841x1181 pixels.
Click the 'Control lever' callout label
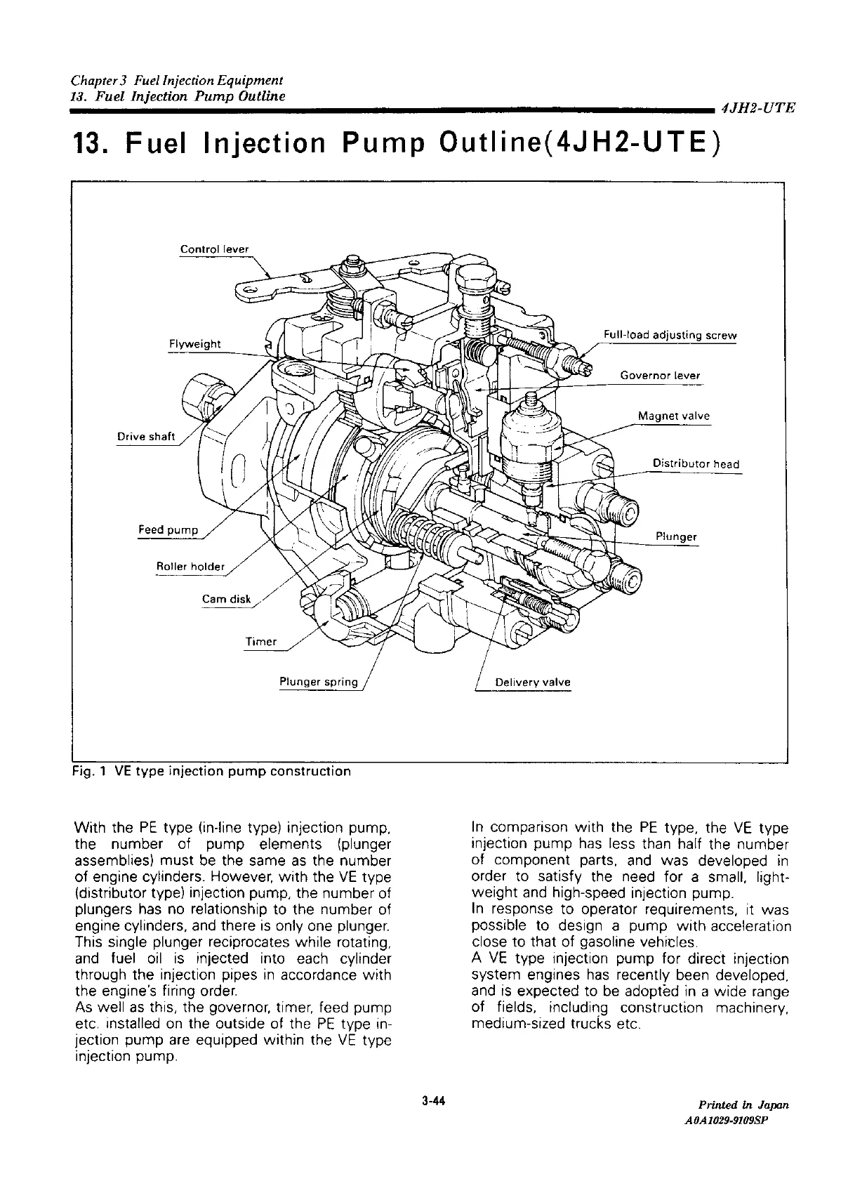pyautogui.click(x=214, y=249)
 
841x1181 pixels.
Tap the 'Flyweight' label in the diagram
pyautogui.click(x=194, y=343)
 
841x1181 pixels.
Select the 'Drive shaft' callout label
pyautogui.click(x=145, y=436)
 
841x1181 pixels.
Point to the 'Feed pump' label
pyautogui.click(x=168, y=529)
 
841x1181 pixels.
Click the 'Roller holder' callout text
pyautogui.click(x=190, y=567)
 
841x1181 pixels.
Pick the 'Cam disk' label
pyautogui.click(x=226, y=599)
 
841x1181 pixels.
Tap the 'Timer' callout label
pyautogui.click(x=260, y=642)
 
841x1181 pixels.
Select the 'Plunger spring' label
pyautogui.click(x=318, y=682)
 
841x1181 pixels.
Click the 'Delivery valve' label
pyautogui.click(x=533, y=682)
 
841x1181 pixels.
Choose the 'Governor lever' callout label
pyautogui.click(x=660, y=375)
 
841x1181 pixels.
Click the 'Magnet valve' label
pyautogui.click(x=673, y=416)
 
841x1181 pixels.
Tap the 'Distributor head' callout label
pyautogui.click(x=696, y=463)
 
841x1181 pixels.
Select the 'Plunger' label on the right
pyautogui.click(x=675, y=537)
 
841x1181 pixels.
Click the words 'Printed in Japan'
pyautogui.click(x=743, y=1104)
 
